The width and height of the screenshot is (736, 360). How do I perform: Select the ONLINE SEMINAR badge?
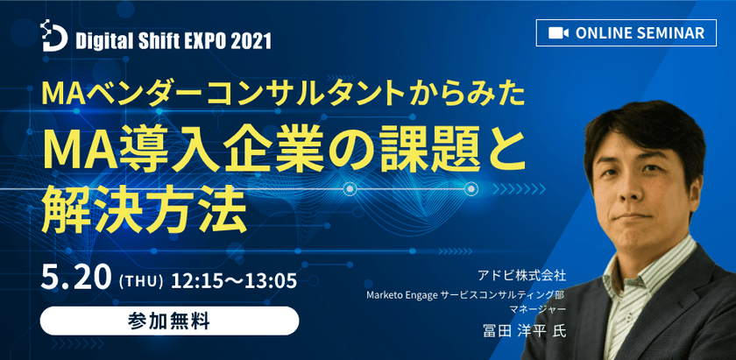[626, 32]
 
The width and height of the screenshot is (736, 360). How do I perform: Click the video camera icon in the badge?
[556, 32]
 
